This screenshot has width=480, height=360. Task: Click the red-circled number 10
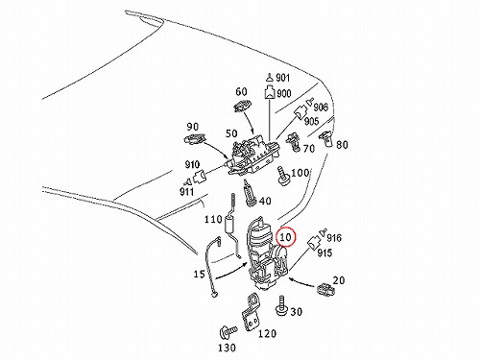tap(285, 237)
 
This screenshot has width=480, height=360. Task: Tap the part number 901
tap(282, 78)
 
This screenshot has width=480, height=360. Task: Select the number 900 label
tap(283, 93)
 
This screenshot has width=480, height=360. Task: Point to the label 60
tap(241, 91)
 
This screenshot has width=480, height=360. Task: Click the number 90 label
tap(193, 127)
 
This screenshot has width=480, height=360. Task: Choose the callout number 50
tap(231, 133)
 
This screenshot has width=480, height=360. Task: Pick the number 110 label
tap(213, 219)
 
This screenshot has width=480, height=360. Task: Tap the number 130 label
tap(227, 348)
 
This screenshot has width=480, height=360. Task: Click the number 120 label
tap(267, 334)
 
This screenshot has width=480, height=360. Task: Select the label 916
tap(334, 237)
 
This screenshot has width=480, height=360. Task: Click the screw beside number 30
tap(281, 306)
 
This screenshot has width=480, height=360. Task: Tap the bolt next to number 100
tap(283, 176)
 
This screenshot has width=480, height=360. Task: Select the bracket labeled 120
tap(251, 313)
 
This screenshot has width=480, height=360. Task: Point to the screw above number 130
tap(228, 331)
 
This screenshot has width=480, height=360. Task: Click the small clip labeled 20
tap(325, 289)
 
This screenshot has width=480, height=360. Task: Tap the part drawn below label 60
tap(243, 106)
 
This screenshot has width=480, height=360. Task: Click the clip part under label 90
tap(194, 138)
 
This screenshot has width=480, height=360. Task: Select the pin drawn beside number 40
tap(249, 193)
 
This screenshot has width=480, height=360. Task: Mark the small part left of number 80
tap(325, 138)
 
